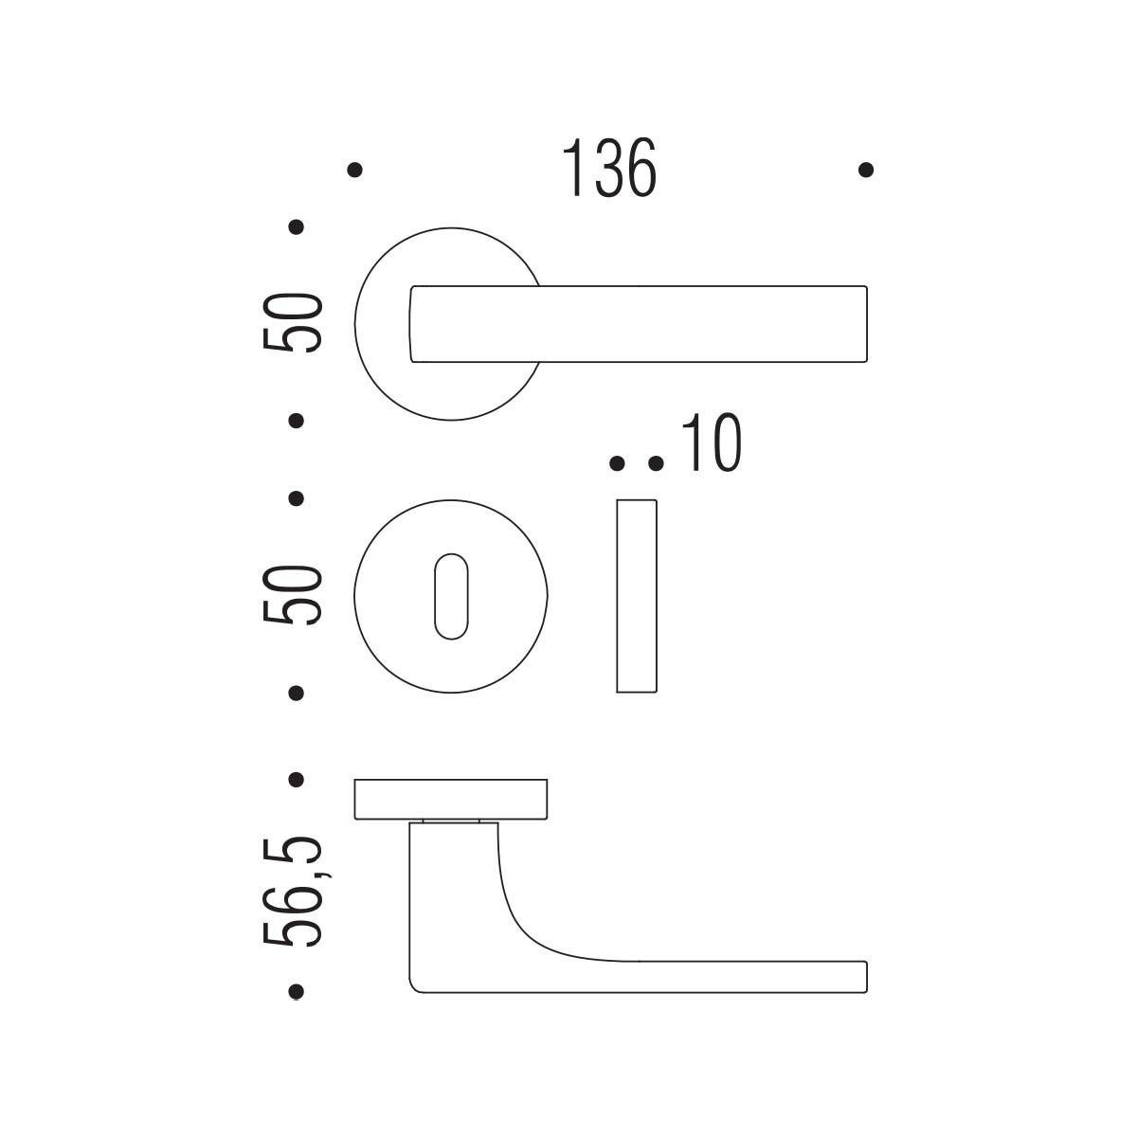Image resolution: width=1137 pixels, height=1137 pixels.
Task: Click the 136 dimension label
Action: pos(609,168)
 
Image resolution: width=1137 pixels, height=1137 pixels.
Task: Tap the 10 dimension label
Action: pos(712,442)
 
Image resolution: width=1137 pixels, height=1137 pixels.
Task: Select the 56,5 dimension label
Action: pos(293,891)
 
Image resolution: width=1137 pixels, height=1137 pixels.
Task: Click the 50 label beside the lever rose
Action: pos(293,323)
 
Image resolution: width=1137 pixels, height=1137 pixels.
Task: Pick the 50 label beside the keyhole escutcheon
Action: pos(293,595)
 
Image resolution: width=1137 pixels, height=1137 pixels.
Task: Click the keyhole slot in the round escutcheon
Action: pos(451,597)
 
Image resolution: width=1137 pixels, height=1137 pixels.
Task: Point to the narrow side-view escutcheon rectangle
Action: pos(637,596)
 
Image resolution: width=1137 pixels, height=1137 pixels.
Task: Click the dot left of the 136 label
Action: pos(354,170)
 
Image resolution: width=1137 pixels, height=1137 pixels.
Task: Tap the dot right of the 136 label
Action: pos(866,170)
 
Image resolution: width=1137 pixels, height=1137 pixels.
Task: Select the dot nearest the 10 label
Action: pos(656,463)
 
